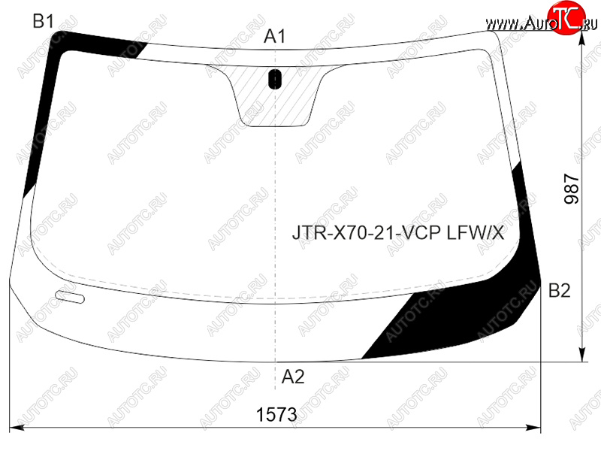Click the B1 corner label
point(44,21)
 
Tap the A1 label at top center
point(275,36)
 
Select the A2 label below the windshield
point(293,377)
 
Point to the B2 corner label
point(560,290)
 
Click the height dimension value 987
point(572,189)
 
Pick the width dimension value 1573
point(276,415)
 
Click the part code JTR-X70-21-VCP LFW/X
point(398,232)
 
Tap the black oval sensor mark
point(275,79)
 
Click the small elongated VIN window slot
point(70,297)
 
